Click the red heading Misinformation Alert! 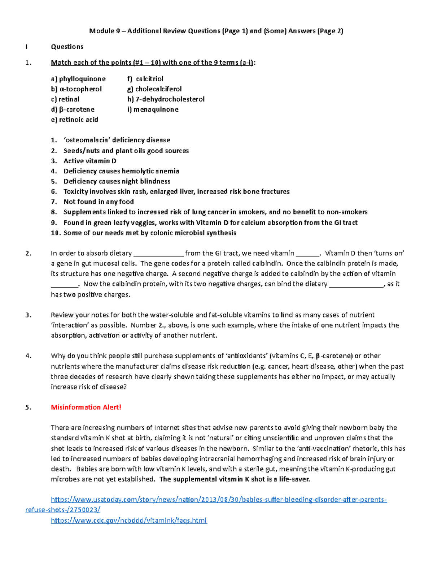86,407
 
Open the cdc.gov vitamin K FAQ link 129,520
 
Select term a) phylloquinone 78,79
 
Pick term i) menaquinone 153,109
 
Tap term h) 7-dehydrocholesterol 166,99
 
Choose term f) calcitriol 145,79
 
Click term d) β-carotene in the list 73,109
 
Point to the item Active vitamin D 90,161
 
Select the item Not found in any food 99,202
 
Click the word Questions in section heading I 67,47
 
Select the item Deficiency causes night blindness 117,181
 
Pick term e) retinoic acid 75,120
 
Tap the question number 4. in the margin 29,356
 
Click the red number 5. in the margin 29,407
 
